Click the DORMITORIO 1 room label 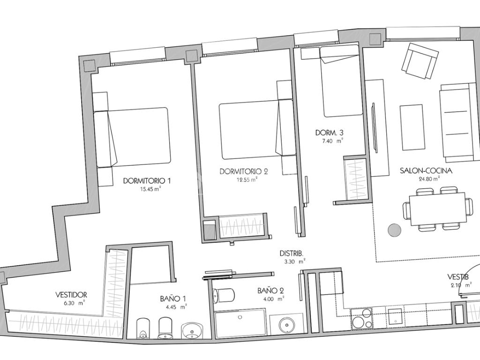click(147, 180)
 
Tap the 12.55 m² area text click(247, 180)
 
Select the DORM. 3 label click(329, 133)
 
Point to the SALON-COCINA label click(426, 171)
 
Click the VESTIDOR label click(71, 295)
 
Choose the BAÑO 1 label click(172, 299)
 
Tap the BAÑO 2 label click(270, 291)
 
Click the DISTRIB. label click(292, 253)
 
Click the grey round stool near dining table click(395, 230)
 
